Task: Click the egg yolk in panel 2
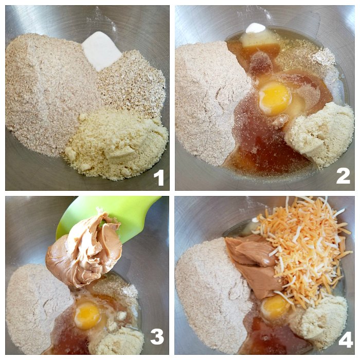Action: tap(275, 96)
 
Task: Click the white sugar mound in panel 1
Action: tap(101, 54)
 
